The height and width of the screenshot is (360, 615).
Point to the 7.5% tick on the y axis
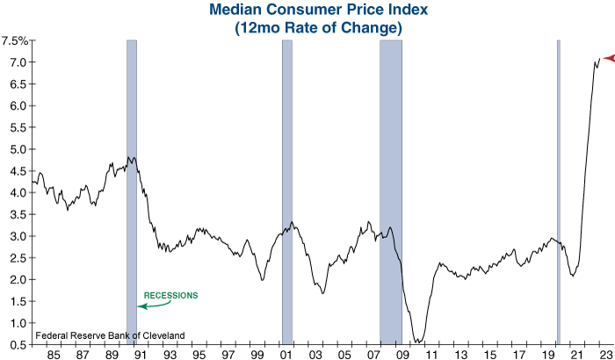15,40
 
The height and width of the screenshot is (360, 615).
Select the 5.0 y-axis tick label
17,149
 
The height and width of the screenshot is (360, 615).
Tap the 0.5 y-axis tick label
17,344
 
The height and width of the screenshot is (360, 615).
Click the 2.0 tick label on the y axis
17,279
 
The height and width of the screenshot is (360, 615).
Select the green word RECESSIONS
170,295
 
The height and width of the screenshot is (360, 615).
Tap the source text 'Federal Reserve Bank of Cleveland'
110,335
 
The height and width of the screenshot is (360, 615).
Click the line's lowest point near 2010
419,342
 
